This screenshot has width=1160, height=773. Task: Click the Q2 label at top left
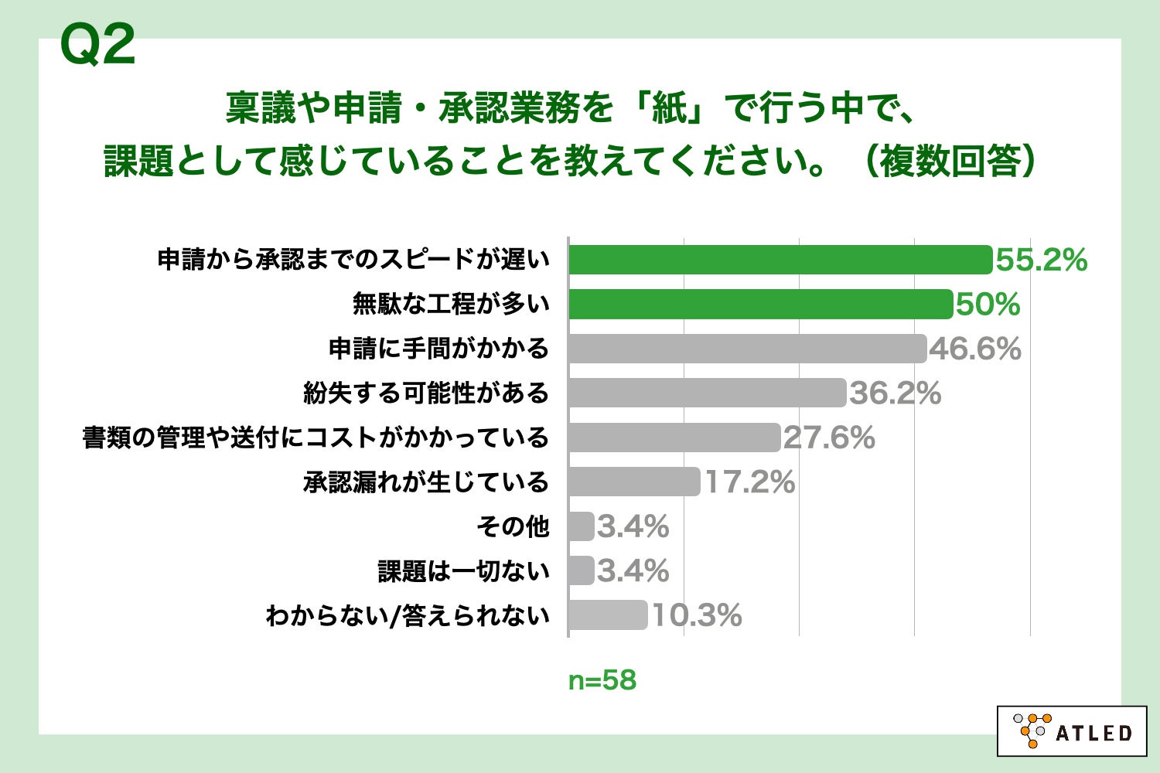coord(97,45)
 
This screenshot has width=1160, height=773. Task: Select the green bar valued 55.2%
coord(780,260)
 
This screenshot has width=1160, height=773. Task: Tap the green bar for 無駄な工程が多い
coord(760,304)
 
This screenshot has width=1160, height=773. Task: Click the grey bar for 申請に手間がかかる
coord(747,349)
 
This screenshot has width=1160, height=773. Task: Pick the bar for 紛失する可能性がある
coord(707,393)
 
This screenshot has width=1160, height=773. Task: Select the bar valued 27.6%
coord(674,438)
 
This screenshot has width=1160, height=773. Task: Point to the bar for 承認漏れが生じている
coord(634,482)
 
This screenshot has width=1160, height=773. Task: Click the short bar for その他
coord(582,526)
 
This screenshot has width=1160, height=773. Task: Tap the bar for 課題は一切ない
coord(582,570)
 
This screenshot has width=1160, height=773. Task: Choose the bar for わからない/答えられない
coord(608,615)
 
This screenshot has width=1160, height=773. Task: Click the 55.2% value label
coord(1041,261)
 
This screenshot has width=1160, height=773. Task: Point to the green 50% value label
coord(988,305)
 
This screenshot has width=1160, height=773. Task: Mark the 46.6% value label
coord(975,349)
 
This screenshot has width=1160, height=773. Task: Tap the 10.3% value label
coord(697,616)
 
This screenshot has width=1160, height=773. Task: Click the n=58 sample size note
coord(602,680)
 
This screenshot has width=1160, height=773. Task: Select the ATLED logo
coord(1072,730)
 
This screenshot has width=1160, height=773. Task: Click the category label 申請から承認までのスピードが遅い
coord(353,260)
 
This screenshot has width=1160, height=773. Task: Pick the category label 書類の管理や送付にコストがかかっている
coord(316,438)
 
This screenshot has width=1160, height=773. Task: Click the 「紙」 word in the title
coord(669,107)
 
